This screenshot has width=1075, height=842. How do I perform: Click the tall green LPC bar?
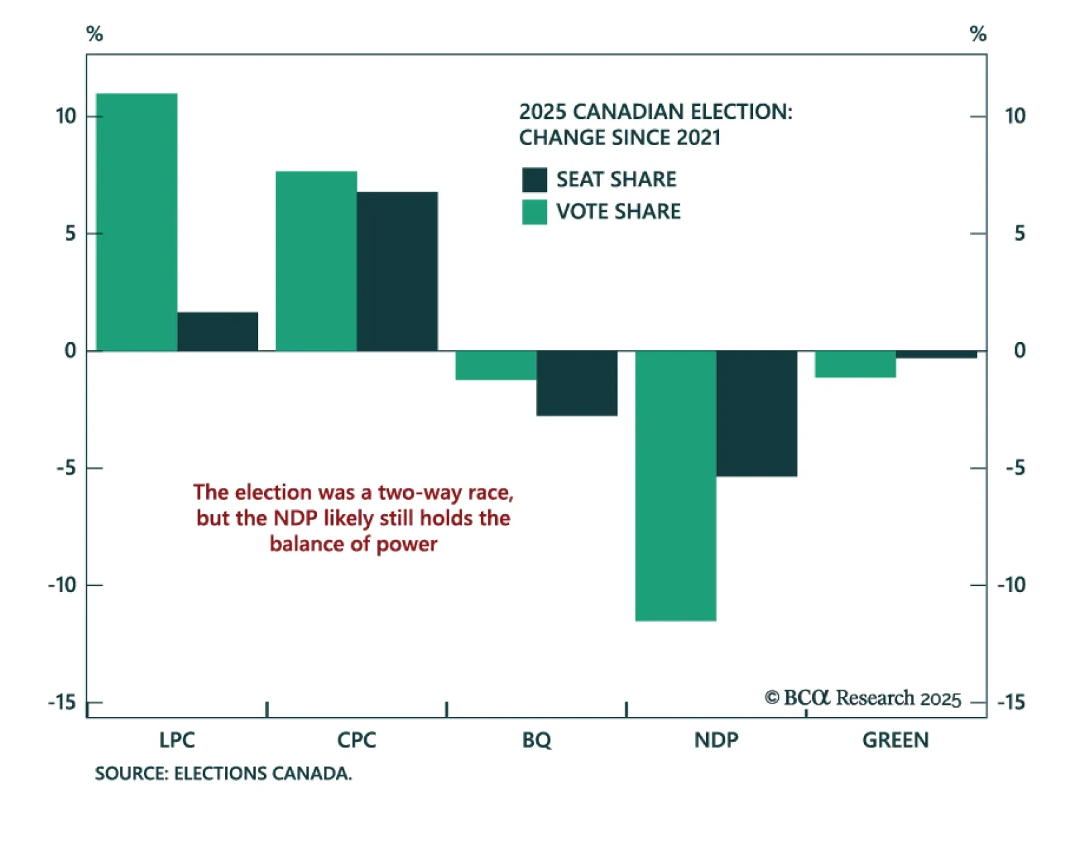click(136, 222)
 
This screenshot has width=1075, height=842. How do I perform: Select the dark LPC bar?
click(218, 331)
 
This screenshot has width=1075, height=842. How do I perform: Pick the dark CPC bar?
click(397, 271)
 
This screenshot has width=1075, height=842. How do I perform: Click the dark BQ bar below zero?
click(576, 383)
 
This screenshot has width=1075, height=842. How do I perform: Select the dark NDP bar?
click(757, 413)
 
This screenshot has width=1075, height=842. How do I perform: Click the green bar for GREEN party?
click(855, 364)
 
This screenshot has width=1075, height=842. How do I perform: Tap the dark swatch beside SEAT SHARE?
click(534, 179)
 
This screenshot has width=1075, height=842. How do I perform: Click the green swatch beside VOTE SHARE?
click(534, 212)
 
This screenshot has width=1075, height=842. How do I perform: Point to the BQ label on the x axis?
click(536, 740)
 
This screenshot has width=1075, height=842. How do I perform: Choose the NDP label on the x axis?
click(716, 740)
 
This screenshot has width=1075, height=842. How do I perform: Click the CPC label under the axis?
click(356, 740)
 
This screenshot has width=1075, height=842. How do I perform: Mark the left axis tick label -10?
click(62, 585)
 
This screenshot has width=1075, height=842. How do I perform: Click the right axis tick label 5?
click(1019, 233)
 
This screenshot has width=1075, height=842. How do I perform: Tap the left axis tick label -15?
click(62, 702)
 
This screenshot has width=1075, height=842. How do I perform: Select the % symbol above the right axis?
click(978, 34)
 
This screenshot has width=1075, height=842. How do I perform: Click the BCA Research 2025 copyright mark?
click(863, 698)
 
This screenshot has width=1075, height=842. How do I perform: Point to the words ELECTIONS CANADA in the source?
click(263, 773)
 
